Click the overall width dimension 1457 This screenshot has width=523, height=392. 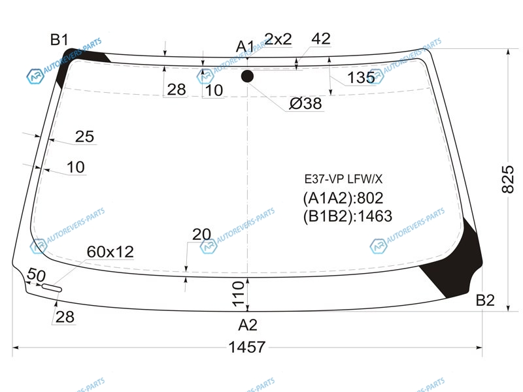pos(247,348)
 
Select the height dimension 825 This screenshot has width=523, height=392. pos(508,179)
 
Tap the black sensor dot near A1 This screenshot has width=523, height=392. pos(247,76)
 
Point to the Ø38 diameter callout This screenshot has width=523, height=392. pos(305,103)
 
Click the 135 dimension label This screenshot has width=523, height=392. pos(361,78)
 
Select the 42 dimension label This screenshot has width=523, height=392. pos(321,39)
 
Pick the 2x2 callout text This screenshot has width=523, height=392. pos(278,39)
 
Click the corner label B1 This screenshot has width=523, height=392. pos(59,40)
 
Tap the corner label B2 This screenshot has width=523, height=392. pos(485,301)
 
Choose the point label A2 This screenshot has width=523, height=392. pos(248,325)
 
